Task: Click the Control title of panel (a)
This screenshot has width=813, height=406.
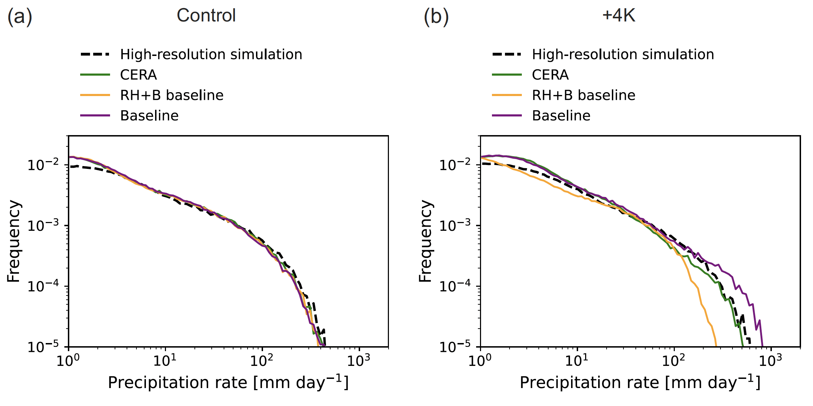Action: (x=206, y=15)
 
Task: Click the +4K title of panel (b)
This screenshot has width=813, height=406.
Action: (x=619, y=15)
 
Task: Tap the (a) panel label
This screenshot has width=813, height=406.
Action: (x=20, y=16)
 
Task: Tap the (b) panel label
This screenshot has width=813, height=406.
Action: (x=436, y=16)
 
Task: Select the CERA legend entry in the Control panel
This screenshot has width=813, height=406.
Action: (x=138, y=75)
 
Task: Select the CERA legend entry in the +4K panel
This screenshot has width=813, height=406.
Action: (x=550, y=75)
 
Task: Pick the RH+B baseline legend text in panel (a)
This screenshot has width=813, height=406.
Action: (x=172, y=95)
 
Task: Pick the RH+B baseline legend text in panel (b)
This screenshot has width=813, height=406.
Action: (x=583, y=95)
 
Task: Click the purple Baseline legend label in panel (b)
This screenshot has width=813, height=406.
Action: (x=561, y=116)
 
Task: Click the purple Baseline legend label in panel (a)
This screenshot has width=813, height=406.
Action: (x=149, y=116)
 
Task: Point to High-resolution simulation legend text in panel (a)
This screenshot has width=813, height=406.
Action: (x=211, y=55)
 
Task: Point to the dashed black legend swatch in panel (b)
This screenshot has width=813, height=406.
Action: (x=507, y=55)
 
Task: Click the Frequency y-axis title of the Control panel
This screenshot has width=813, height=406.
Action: (x=14, y=241)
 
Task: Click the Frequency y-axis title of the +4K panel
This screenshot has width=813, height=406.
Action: (x=425, y=241)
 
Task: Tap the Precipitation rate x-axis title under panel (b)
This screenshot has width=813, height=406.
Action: (x=640, y=382)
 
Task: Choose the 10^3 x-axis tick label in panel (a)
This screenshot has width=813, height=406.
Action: (x=358, y=360)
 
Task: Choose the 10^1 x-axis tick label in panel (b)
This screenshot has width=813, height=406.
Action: (x=576, y=360)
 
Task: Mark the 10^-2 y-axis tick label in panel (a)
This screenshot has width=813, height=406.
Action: (x=43, y=165)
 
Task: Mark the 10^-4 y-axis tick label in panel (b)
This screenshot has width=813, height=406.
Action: (x=455, y=286)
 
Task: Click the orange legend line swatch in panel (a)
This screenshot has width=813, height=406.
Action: (x=95, y=95)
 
